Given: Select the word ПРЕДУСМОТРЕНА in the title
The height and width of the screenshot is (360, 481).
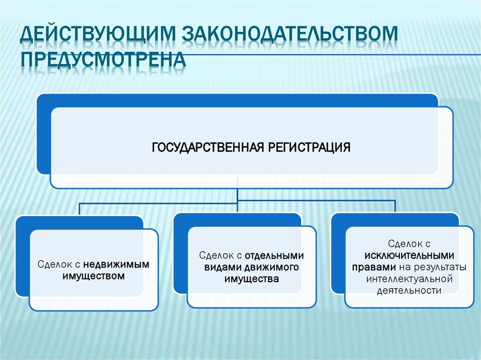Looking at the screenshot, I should (x=103, y=61).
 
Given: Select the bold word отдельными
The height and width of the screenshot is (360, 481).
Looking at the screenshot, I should (x=274, y=255).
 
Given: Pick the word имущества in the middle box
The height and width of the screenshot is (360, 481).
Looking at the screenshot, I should (x=252, y=279).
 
